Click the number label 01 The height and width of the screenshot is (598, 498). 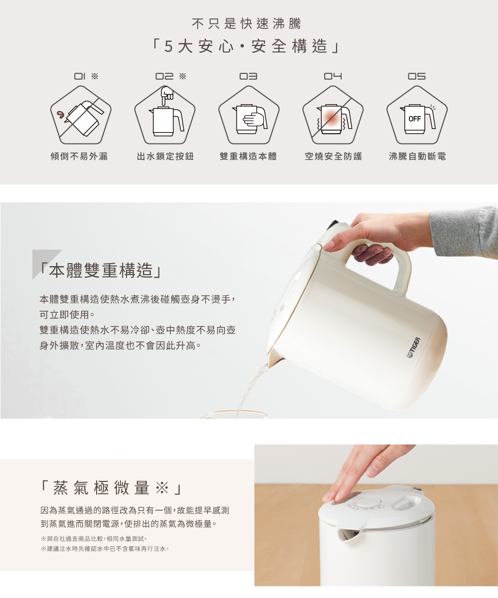click(80, 76)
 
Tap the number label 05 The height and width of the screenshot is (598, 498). click(417, 76)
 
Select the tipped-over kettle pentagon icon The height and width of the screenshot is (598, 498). click(81, 115)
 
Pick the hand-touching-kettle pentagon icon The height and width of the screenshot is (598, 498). click(249, 115)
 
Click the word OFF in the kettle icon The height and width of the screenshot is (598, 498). click(415, 119)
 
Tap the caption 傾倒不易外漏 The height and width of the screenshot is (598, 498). click(79, 156)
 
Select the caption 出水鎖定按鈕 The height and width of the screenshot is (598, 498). click(165, 156)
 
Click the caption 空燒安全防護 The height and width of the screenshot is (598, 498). click(334, 156)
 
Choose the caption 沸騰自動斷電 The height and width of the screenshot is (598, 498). click(417, 156)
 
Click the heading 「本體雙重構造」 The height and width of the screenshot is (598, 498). click(101, 271)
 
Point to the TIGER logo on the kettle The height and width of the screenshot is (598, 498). click(414, 347)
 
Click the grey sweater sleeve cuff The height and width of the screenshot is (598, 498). click(464, 233)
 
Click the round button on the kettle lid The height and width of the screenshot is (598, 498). click(369, 503)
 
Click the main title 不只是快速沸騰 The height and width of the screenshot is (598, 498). click(247, 24)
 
